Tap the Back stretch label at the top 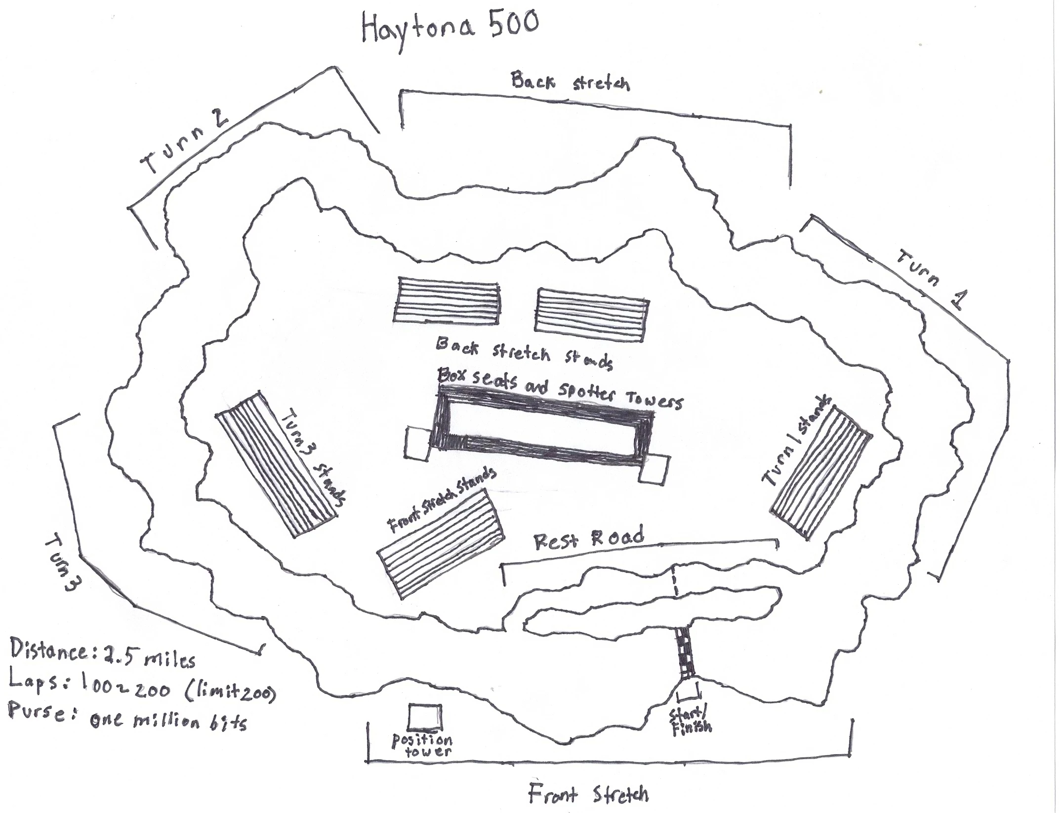coord(571,82)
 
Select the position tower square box coord(425,717)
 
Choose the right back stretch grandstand coord(591,315)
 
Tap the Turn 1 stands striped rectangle coord(820,472)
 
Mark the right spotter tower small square coord(655,470)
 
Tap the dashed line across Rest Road coord(675,582)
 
